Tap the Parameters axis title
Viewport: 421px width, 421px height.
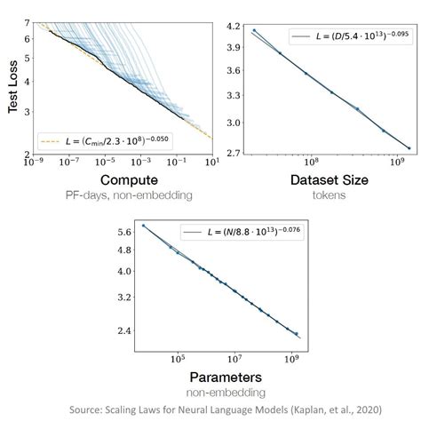(218, 376)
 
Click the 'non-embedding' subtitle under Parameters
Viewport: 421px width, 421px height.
(218, 392)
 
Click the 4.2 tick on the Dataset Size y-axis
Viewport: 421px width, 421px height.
(233, 27)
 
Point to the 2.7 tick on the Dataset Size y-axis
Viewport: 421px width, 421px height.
(233, 153)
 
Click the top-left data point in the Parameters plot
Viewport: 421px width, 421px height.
(144, 226)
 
